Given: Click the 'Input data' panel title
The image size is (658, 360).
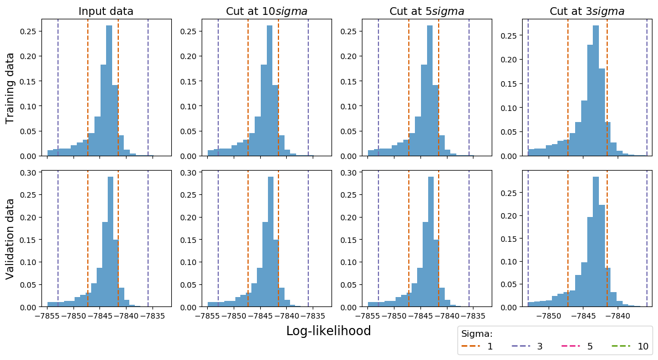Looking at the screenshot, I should pyautogui.click(x=106, y=11).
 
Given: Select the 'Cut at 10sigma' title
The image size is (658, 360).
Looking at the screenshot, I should pyautogui.click(x=266, y=11).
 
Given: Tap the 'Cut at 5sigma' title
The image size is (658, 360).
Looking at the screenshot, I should pyautogui.click(x=427, y=11).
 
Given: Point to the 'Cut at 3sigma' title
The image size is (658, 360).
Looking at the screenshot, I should pyautogui.click(x=587, y=11).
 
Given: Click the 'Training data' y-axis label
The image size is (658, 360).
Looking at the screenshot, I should pyautogui.click(x=10, y=87).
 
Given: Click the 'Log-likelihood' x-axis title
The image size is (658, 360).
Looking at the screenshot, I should pyautogui.click(x=328, y=331).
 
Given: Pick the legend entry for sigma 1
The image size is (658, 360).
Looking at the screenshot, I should pyautogui.click(x=477, y=347).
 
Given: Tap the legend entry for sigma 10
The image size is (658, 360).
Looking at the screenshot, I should pyautogui.click(x=630, y=347).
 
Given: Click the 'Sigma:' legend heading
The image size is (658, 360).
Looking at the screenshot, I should pyautogui.click(x=477, y=333).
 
